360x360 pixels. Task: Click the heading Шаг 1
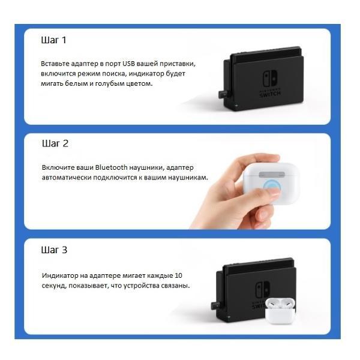[x=53, y=40]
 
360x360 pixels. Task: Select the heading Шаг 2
[x=55, y=144]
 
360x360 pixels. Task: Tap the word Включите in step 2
[x=58, y=167]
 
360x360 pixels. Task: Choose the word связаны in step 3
[x=176, y=286]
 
